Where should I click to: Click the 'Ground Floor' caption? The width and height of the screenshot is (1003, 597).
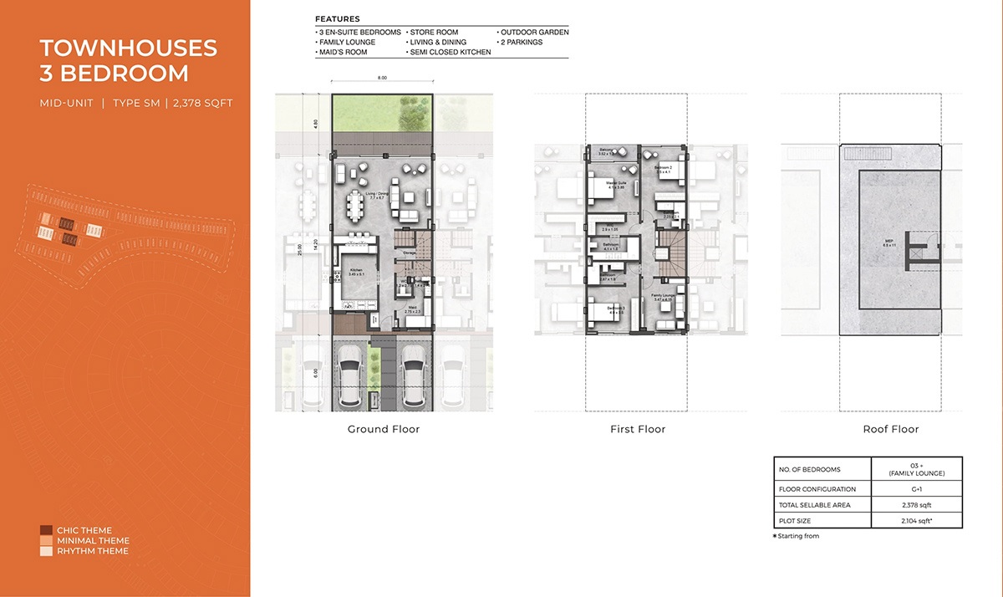coord(383,429)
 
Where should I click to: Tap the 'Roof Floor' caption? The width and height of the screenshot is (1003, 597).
coord(890,429)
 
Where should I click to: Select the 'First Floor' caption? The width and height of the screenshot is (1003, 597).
coord(637,429)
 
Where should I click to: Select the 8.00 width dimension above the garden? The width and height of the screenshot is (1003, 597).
coord(382,78)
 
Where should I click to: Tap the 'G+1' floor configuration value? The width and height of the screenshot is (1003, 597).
coord(916,489)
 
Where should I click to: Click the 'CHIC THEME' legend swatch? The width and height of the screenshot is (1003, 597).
coord(46,530)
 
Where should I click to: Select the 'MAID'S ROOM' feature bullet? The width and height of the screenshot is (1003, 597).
coord(345,52)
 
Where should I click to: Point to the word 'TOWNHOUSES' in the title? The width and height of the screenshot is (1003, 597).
coord(128,48)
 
